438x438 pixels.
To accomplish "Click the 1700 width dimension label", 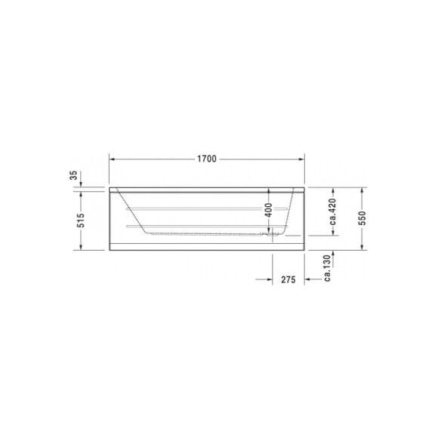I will click(206, 159).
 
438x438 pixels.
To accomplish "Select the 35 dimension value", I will click(73, 175).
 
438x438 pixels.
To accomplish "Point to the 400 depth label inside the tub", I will click(267, 211).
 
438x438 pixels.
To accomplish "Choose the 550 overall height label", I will click(362, 217).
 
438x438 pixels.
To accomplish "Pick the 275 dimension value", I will click(287, 279).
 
